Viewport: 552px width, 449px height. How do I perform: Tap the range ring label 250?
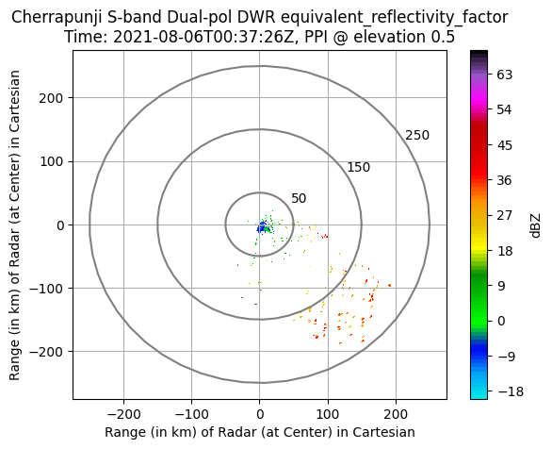(417, 135)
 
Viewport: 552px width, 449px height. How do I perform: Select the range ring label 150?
(359, 167)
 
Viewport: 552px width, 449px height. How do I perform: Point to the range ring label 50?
(299, 199)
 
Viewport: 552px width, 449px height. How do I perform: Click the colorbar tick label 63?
(505, 75)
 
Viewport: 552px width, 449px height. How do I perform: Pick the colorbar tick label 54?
(505, 110)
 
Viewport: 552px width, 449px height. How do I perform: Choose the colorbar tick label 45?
(505, 145)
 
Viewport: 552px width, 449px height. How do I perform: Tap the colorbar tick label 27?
(505, 215)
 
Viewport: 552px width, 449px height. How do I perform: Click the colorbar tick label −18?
(511, 391)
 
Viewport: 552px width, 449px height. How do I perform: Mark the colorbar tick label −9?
(506, 357)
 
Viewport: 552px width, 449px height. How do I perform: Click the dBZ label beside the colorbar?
(535, 225)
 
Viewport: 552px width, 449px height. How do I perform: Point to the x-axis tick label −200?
(123, 414)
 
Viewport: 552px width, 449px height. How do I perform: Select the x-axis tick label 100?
(328, 414)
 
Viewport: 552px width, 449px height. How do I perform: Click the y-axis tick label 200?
(51, 98)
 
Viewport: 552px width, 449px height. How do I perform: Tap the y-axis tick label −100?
(47, 289)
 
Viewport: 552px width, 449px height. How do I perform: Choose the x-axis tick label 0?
(260, 414)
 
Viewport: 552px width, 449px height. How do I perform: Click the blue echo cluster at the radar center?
(262, 227)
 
